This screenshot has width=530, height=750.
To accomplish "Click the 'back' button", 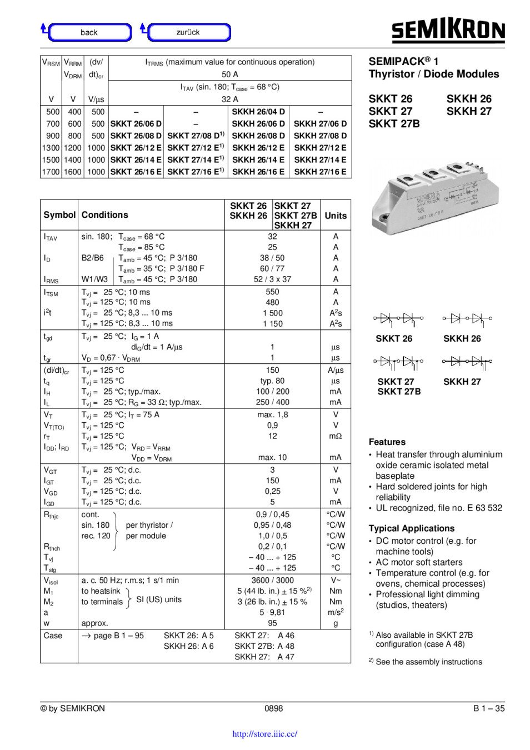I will coord(89,32).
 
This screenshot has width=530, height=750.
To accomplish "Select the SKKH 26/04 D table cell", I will coord(258,112).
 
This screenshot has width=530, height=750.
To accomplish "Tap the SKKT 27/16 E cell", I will coord(195,172).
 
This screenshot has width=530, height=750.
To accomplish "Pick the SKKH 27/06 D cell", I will coord(320,124).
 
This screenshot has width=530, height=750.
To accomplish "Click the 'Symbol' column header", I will coord(59,215).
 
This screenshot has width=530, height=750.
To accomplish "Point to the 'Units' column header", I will coord(336,216).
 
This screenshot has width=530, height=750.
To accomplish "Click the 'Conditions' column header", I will coord(104,215).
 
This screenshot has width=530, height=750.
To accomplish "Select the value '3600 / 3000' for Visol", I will coord(272,580).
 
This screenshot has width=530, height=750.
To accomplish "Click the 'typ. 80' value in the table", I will coord(272,381).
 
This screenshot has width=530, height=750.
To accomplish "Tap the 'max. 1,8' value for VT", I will coord(272,414).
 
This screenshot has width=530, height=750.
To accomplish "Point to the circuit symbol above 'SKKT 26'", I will coord(398,319).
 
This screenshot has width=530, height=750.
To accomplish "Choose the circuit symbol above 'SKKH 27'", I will coord(467,362).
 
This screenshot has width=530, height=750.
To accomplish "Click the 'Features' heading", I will coord(387,442).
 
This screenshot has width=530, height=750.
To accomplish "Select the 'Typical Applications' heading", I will coord(411,528).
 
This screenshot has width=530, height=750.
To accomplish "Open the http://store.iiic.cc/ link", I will coord(264,734).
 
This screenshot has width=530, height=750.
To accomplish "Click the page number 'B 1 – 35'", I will coord(489,708).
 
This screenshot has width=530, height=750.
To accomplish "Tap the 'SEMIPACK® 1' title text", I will coord(403,61).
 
